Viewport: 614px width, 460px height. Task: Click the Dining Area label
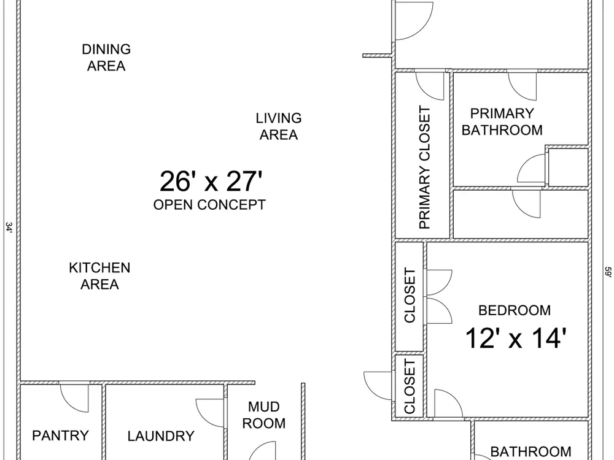click(x=106, y=58)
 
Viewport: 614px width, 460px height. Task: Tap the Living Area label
click(x=279, y=126)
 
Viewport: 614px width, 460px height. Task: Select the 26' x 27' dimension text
click(x=211, y=182)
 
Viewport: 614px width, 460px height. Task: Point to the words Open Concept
click(x=209, y=205)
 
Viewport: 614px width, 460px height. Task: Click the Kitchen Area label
click(x=99, y=276)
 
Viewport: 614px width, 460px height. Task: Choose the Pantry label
click(x=60, y=435)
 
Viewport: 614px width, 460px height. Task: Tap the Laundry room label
click(x=161, y=436)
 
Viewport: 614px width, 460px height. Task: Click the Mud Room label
click(x=264, y=415)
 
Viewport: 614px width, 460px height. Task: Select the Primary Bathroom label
click(x=502, y=121)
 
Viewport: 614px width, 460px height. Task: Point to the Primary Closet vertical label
click(x=425, y=167)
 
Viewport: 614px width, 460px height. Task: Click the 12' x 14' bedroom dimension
click(x=516, y=338)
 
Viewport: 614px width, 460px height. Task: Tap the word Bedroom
click(x=515, y=310)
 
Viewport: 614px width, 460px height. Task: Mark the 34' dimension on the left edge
click(x=9, y=228)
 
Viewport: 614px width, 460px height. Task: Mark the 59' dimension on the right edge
click(x=608, y=272)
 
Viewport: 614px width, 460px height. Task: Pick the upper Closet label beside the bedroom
click(x=410, y=296)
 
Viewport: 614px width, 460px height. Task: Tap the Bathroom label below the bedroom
click(x=530, y=452)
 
